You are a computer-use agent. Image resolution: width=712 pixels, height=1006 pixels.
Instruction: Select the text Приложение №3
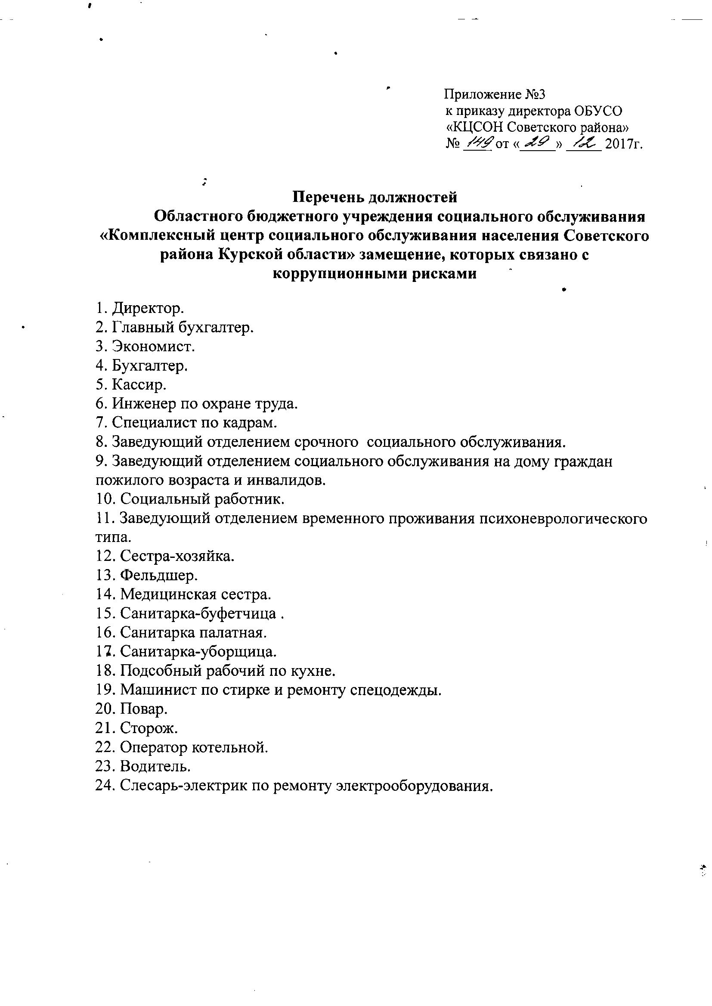pyautogui.click(x=495, y=94)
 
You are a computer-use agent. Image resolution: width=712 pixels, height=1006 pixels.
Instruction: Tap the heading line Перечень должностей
pyautogui.click(x=375, y=197)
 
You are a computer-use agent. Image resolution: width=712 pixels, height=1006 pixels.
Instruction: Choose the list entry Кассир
pyautogui.click(x=139, y=384)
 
